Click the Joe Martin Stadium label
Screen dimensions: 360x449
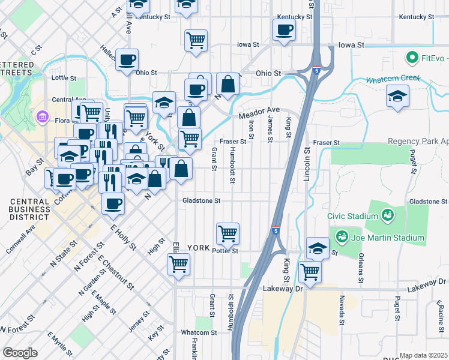(388, 238)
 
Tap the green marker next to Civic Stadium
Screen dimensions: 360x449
(388, 215)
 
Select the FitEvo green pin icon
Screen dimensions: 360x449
(412, 58)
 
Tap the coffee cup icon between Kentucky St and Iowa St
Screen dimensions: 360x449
(285, 29)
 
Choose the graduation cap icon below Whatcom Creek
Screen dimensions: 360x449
(397, 97)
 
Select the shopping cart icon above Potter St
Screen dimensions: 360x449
(228, 233)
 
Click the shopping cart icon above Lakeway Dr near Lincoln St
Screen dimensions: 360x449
(310, 271)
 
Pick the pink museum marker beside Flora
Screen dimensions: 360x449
(43, 116)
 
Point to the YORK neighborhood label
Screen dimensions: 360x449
(198, 248)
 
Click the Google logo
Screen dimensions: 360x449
(20, 353)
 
